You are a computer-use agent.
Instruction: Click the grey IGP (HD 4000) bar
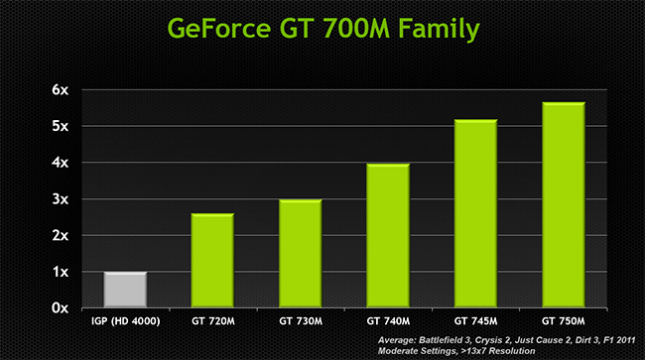tap(125, 289)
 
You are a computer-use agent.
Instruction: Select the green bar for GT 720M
tap(212, 260)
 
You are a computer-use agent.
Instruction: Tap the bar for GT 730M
tap(300, 253)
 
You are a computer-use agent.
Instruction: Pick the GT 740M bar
tap(387, 235)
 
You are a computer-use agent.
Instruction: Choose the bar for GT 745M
tap(474, 212)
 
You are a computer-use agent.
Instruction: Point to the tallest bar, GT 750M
tap(563, 203)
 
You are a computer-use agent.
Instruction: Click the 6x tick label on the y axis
tap(61, 90)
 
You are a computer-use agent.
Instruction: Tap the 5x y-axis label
tap(61, 127)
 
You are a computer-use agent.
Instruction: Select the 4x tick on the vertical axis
tap(61, 163)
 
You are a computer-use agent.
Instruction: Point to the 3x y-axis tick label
tap(61, 199)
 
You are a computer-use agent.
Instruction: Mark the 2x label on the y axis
tap(61, 236)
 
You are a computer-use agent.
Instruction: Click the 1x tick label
tap(61, 272)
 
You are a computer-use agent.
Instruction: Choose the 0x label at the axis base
tap(61, 308)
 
